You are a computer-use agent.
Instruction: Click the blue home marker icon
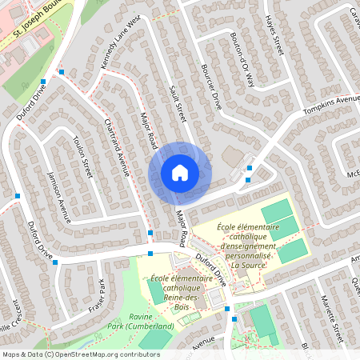(x=180, y=172)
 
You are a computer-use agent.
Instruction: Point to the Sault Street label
(x=177, y=101)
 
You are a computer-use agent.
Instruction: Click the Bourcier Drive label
(x=211, y=87)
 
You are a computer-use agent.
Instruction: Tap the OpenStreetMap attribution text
(x=81, y=354)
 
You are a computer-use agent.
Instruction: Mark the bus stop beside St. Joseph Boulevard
(x=62, y=72)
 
